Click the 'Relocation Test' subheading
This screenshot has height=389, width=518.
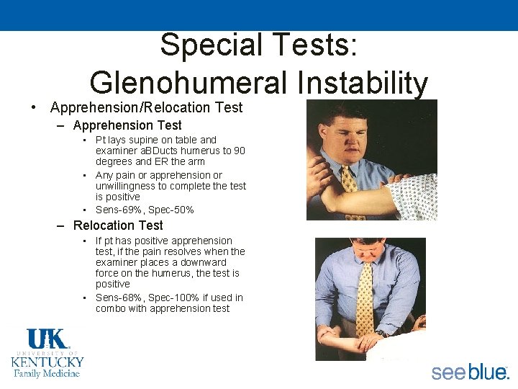[x=118, y=225]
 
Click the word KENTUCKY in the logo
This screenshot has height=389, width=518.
[x=47, y=362]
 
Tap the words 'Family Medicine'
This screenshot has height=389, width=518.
[x=47, y=373]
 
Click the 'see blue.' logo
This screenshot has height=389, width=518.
[x=470, y=372]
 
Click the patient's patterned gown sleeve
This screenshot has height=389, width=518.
[x=413, y=194]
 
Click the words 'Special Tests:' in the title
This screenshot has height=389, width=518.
[x=258, y=45]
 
